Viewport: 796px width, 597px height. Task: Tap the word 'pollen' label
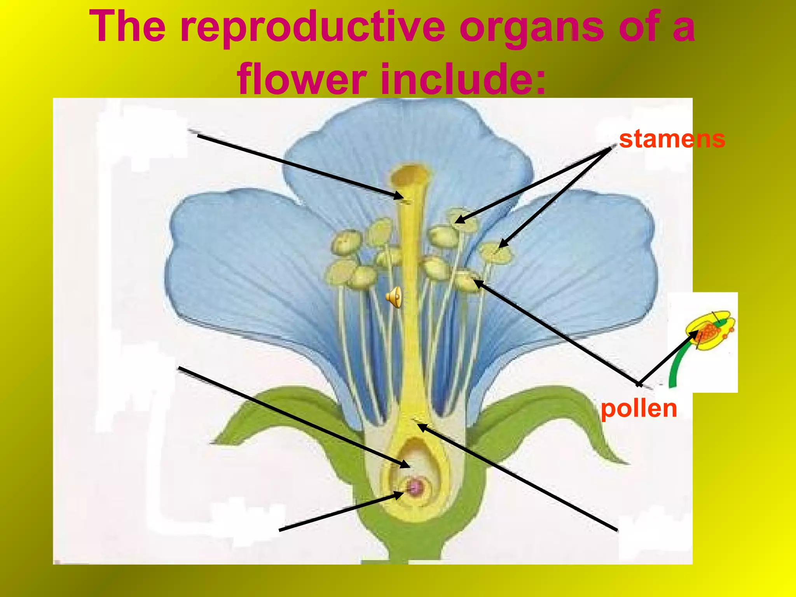[x=639, y=408]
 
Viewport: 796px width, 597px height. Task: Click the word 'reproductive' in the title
[x=313, y=26]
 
